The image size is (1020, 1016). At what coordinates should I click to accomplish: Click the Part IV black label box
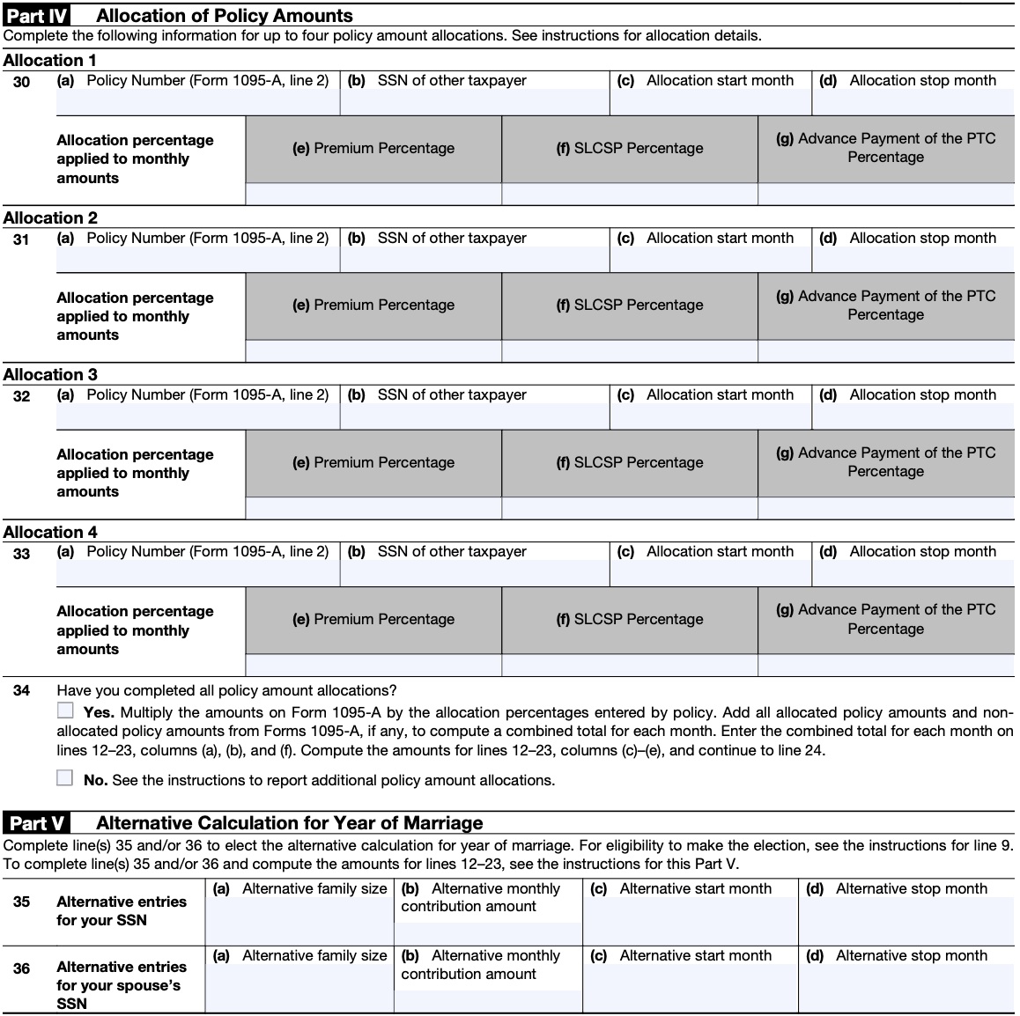(x=37, y=15)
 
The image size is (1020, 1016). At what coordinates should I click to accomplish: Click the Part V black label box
(x=36, y=823)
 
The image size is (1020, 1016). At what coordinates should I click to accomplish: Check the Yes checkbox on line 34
(x=65, y=710)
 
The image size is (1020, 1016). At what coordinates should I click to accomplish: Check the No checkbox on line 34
(x=65, y=777)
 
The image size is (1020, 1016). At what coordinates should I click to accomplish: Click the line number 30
(x=21, y=81)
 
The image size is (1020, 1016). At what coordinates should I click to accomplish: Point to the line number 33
(x=21, y=553)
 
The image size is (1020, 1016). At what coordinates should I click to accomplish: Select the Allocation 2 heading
(x=50, y=217)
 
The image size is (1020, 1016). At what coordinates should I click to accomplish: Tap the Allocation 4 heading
(x=50, y=532)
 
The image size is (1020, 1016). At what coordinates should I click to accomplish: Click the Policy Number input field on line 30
(x=197, y=103)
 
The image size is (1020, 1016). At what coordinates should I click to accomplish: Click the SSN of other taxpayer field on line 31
(x=474, y=261)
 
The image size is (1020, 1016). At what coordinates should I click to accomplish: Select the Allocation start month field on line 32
(x=710, y=417)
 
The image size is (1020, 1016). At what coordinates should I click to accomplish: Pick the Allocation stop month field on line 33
(x=913, y=574)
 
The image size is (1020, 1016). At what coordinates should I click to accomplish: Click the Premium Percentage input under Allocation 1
(x=373, y=195)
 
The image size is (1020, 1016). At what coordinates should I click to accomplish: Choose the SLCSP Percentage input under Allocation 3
(x=629, y=509)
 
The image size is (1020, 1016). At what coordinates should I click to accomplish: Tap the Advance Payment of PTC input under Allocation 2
(x=885, y=351)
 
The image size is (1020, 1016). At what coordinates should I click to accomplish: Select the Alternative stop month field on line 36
(x=905, y=989)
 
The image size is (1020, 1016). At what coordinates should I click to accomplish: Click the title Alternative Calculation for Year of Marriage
(x=289, y=823)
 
